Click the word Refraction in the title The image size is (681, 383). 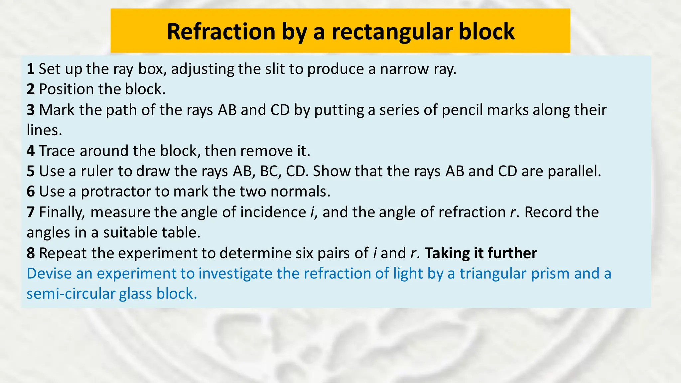[221, 32]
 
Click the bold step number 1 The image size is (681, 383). [31, 69]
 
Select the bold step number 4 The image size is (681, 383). [31, 151]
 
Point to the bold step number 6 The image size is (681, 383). [31, 191]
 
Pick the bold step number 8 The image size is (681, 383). [31, 253]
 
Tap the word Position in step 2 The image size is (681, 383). [67, 89]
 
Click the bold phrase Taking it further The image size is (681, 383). [481, 253]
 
